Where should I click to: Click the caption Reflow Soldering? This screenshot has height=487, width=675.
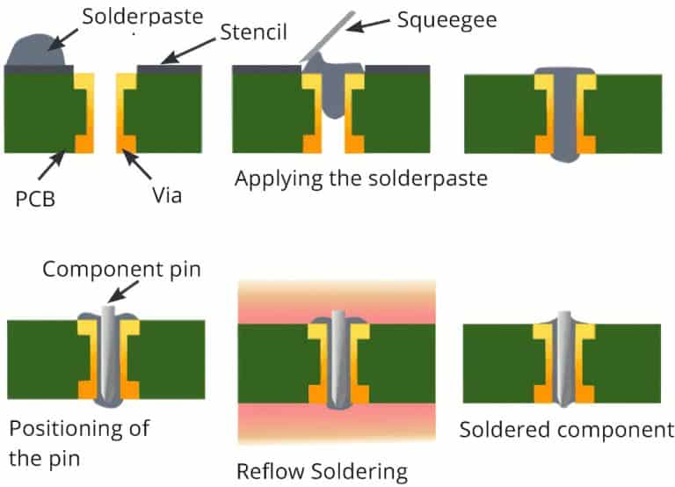pyautogui.click(x=322, y=471)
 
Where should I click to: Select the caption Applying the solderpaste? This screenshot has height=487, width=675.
pyautogui.click(x=360, y=178)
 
